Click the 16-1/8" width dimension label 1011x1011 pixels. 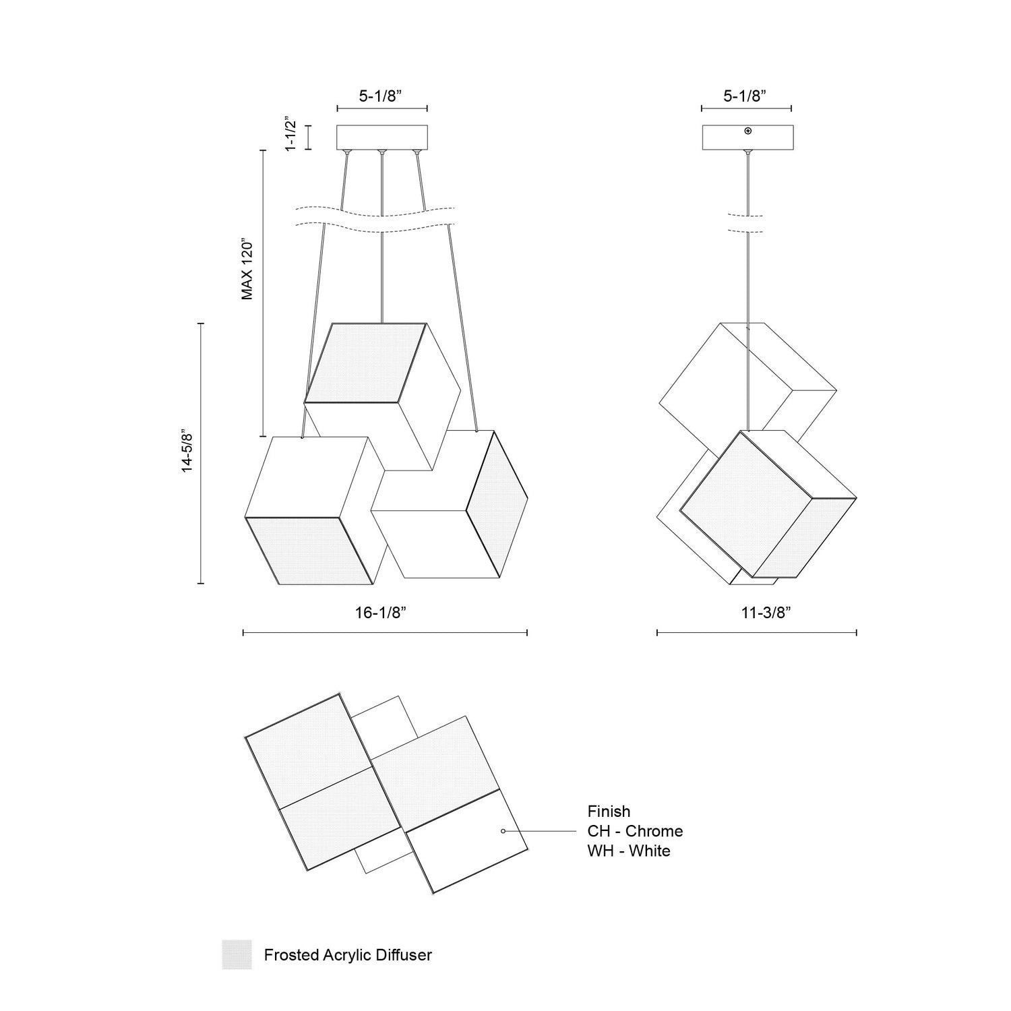tap(381, 613)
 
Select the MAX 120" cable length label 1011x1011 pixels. tap(247, 269)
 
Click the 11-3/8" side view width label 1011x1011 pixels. tap(766, 613)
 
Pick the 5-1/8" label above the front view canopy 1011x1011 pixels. tap(381, 96)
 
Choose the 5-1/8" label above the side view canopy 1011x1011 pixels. tap(745, 96)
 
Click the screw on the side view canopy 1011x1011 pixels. tap(748, 131)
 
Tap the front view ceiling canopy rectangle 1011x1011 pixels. tap(382, 137)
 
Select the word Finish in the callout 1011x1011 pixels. tap(609, 811)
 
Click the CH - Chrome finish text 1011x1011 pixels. tap(635, 831)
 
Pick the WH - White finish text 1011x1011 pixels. tap(628, 851)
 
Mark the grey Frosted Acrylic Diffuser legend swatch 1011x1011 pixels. tap(237, 954)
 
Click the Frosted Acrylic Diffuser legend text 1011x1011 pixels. tap(348, 955)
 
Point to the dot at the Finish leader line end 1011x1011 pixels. tap(503, 831)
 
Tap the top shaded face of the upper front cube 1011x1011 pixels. tap(365, 363)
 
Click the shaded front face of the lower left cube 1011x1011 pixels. tap(309, 549)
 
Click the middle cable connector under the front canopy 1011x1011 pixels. tap(382, 152)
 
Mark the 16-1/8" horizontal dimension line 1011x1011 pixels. tap(384, 633)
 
